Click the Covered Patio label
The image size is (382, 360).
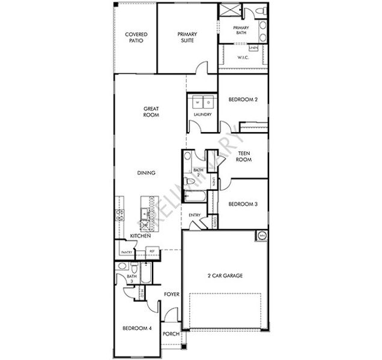[x=136, y=38]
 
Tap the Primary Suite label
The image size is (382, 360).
[x=187, y=38]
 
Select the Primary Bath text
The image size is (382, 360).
[x=241, y=31]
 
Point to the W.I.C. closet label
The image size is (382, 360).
[x=243, y=58]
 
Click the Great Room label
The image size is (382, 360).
[x=151, y=112]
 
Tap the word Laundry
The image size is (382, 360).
[x=202, y=113]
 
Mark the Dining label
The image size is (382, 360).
[x=147, y=173]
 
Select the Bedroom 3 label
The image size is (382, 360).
[x=243, y=204]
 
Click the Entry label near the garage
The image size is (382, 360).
[x=195, y=215]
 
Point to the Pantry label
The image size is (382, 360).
[x=127, y=252]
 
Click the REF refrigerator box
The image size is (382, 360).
[x=152, y=251]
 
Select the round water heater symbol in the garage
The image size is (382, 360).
[x=262, y=236]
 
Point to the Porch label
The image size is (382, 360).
[x=172, y=334]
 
